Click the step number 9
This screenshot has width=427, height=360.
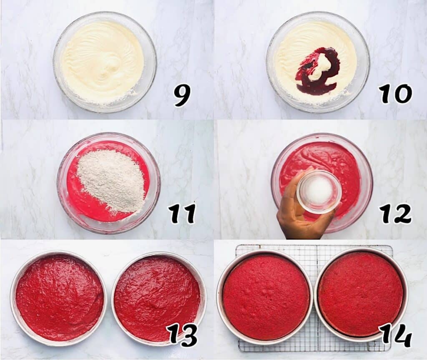click(182, 95)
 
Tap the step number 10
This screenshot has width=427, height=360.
click(395, 94)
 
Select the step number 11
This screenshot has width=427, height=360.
click(182, 214)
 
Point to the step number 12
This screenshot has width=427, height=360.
click(395, 214)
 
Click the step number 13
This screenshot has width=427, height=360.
click(182, 335)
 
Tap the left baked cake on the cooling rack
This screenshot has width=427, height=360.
click(266, 296)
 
